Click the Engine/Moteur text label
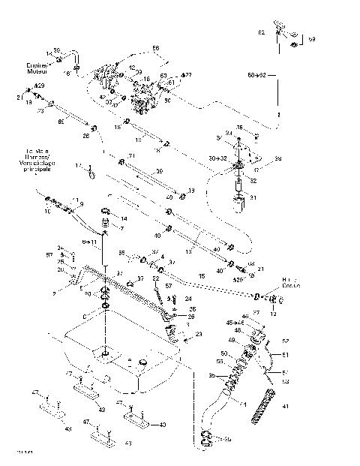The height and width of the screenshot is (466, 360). (x=36, y=68)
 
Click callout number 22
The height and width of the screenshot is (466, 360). (x=157, y=278)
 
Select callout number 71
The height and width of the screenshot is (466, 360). (x=130, y=156)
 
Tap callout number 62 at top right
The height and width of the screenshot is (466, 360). (x=262, y=34)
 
